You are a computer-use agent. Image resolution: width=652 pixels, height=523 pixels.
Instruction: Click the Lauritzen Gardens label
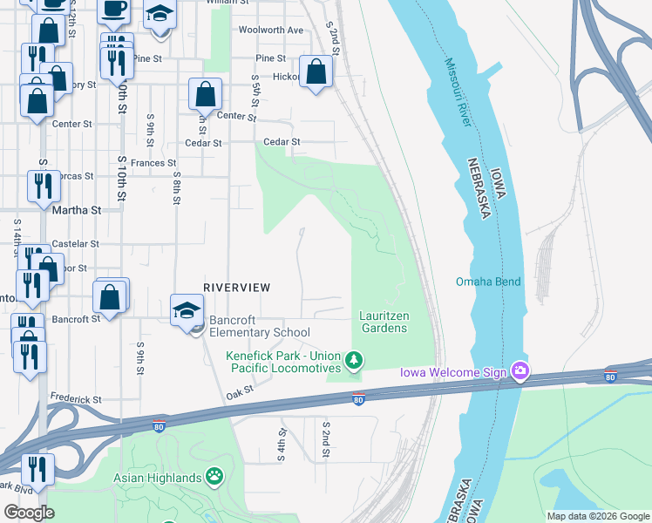pyautogui.click(x=384, y=322)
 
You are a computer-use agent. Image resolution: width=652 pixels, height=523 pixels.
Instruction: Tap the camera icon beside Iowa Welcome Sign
pyautogui.click(x=520, y=371)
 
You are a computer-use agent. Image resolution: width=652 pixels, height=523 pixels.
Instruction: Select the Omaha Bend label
pyautogui.click(x=487, y=282)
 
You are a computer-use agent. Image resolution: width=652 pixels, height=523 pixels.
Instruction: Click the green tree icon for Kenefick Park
pyautogui.click(x=353, y=359)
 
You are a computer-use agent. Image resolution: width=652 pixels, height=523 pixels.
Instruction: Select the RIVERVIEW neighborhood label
pyautogui.click(x=236, y=287)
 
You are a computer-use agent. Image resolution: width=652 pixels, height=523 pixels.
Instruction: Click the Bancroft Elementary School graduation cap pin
pyautogui.click(x=187, y=310)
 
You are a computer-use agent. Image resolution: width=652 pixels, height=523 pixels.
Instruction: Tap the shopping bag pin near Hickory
pyautogui.click(x=316, y=71)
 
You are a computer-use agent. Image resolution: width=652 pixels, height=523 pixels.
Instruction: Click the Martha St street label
pyautogui.click(x=77, y=210)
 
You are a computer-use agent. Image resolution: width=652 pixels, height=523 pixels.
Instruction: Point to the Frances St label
pyautogui.click(x=153, y=163)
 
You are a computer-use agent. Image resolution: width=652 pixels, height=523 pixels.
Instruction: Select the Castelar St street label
pyautogui.click(x=76, y=244)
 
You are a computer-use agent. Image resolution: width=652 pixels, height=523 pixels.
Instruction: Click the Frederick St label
pyautogui.click(x=77, y=400)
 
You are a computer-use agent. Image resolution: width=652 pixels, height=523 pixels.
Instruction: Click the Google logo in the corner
pyautogui.click(x=30, y=513)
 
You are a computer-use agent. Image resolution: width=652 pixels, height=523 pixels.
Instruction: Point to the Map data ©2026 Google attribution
pyautogui.click(x=597, y=516)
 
